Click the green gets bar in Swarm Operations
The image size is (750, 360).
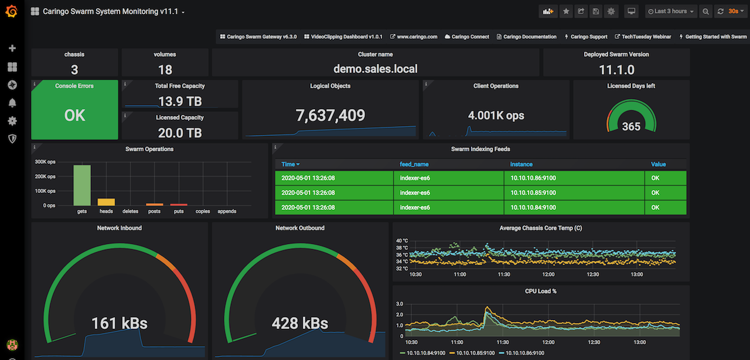click(x=82, y=185)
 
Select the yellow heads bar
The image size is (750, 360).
click(x=106, y=202)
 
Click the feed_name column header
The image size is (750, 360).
click(x=414, y=164)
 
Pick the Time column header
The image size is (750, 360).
click(x=290, y=164)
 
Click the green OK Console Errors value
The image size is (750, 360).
click(x=74, y=116)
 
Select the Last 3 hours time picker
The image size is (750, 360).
click(x=670, y=11)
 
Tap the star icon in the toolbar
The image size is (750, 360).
click(x=565, y=11)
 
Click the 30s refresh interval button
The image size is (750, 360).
click(x=733, y=11)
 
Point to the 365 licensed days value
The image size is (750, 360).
click(x=631, y=127)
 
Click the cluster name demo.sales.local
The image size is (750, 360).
click(x=375, y=69)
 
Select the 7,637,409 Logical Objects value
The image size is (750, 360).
click(x=330, y=116)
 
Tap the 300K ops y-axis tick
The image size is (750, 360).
click(x=45, y=162)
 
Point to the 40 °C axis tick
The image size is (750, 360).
click(x=402, y=240)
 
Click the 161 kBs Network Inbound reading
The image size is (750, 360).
click(x=120, y=323)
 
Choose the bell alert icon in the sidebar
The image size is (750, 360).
click(x=12, y=103)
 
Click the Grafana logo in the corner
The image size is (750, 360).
click(x=11, y=11)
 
